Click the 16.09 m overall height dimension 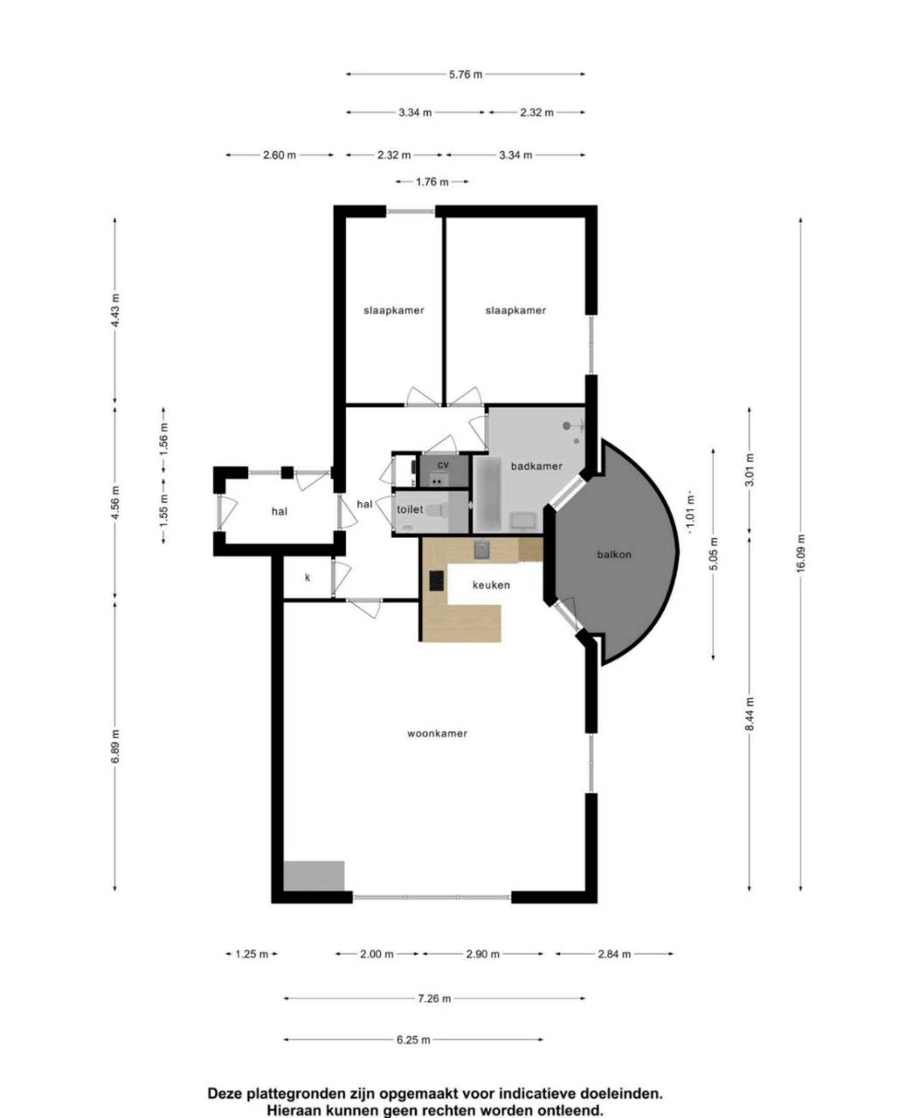point(800,553)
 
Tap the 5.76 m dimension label point(466,75)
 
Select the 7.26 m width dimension point(434,998)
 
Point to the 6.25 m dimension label point(413,1040)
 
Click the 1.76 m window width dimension point(432,182)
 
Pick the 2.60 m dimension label point(280,155)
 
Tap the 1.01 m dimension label point(690,513)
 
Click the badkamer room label point(536,466)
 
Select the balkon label point(614,555)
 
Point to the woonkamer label point(437,734)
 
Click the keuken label point(491,584)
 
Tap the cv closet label point(443,465)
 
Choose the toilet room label point(410,509)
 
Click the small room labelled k point(307,577)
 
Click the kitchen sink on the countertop point(481,549)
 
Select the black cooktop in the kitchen point(437,581)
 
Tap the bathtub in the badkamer point(487,494)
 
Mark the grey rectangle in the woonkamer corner point(314,876)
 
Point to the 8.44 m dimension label point(749,714)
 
